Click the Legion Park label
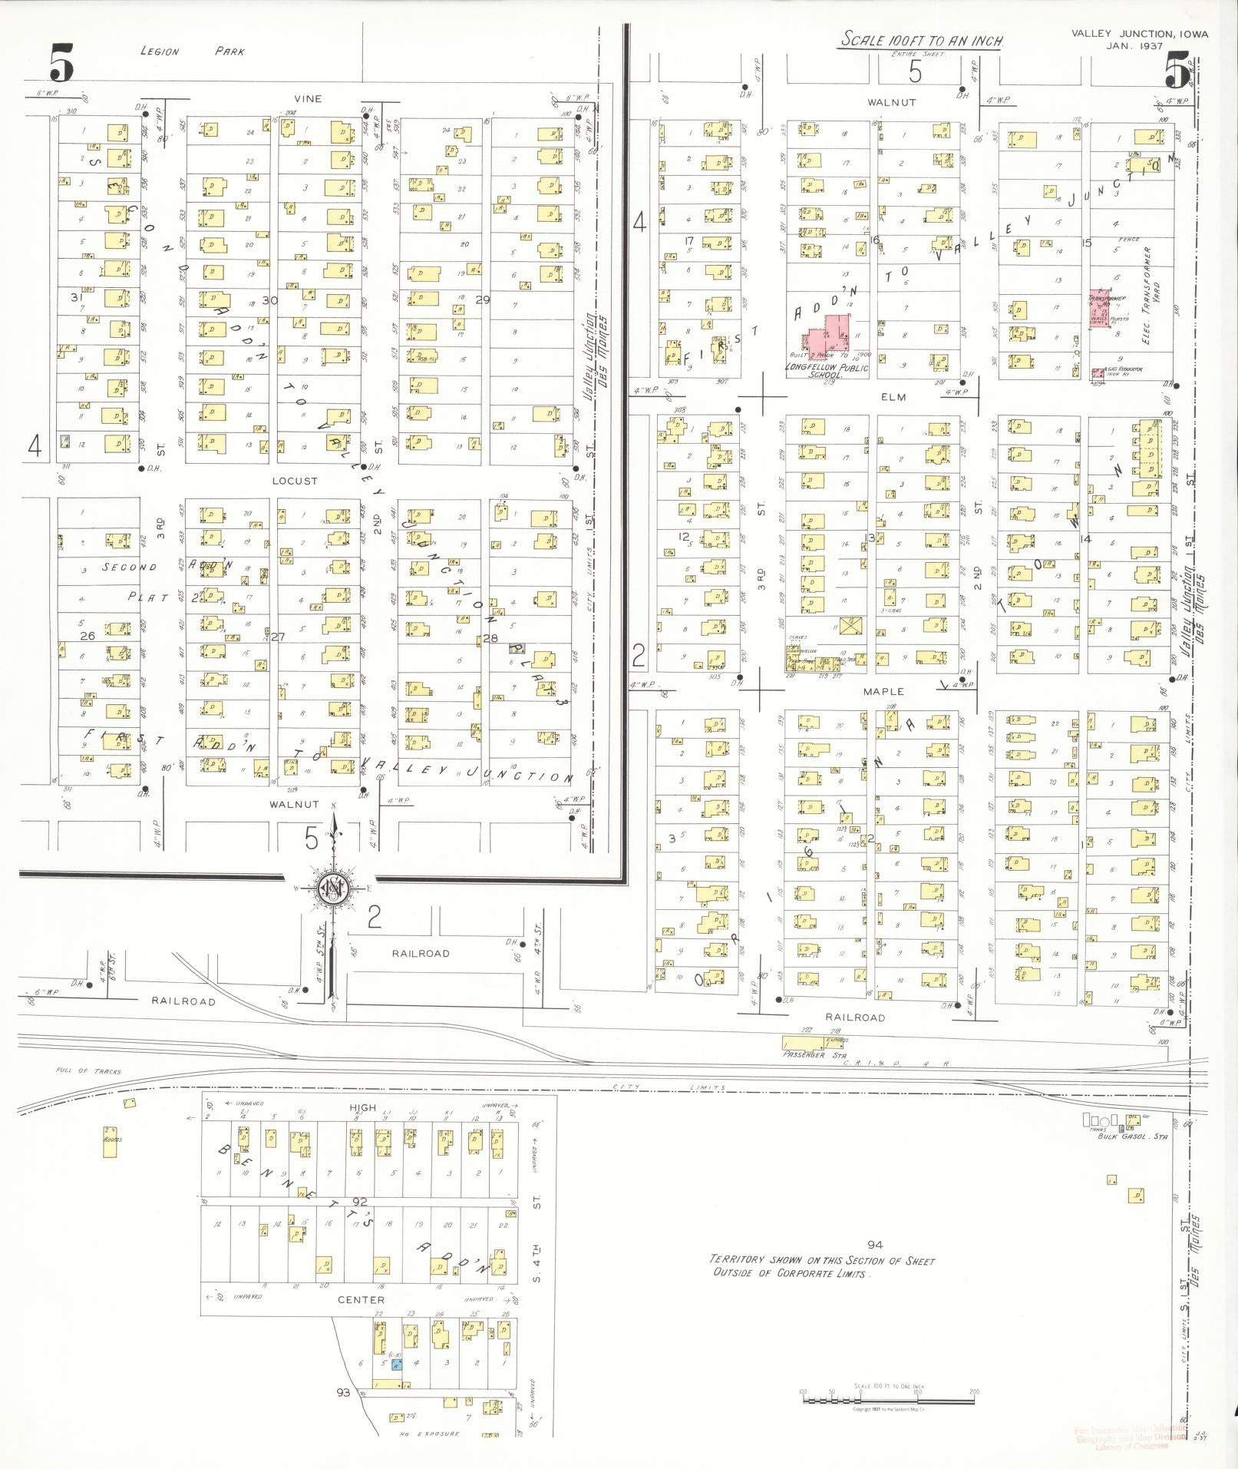coord(193,51)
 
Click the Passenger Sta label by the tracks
coord(804,1055)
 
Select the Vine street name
coord(307,99)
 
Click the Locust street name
coord(295,481)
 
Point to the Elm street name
coord(893,397)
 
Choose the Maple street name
coord(883,691)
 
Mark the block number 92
coord(360,1201)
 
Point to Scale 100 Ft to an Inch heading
coord(922,40)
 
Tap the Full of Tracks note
coord(88,1071)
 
